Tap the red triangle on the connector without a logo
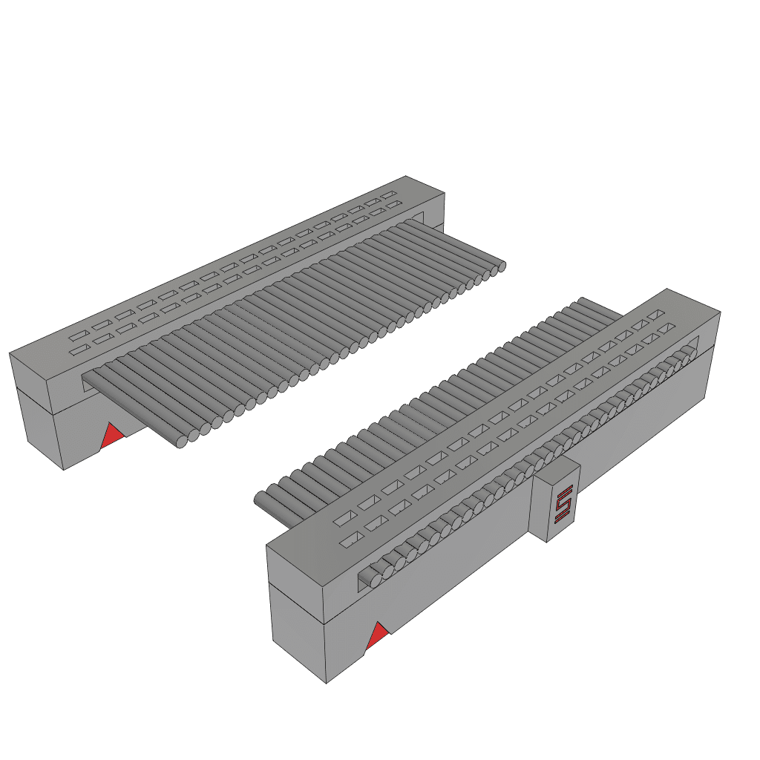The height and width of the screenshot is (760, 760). (113, 436)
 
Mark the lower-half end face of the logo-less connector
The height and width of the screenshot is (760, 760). (43, 430)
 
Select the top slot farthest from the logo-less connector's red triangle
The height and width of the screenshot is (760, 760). (389, 195)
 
